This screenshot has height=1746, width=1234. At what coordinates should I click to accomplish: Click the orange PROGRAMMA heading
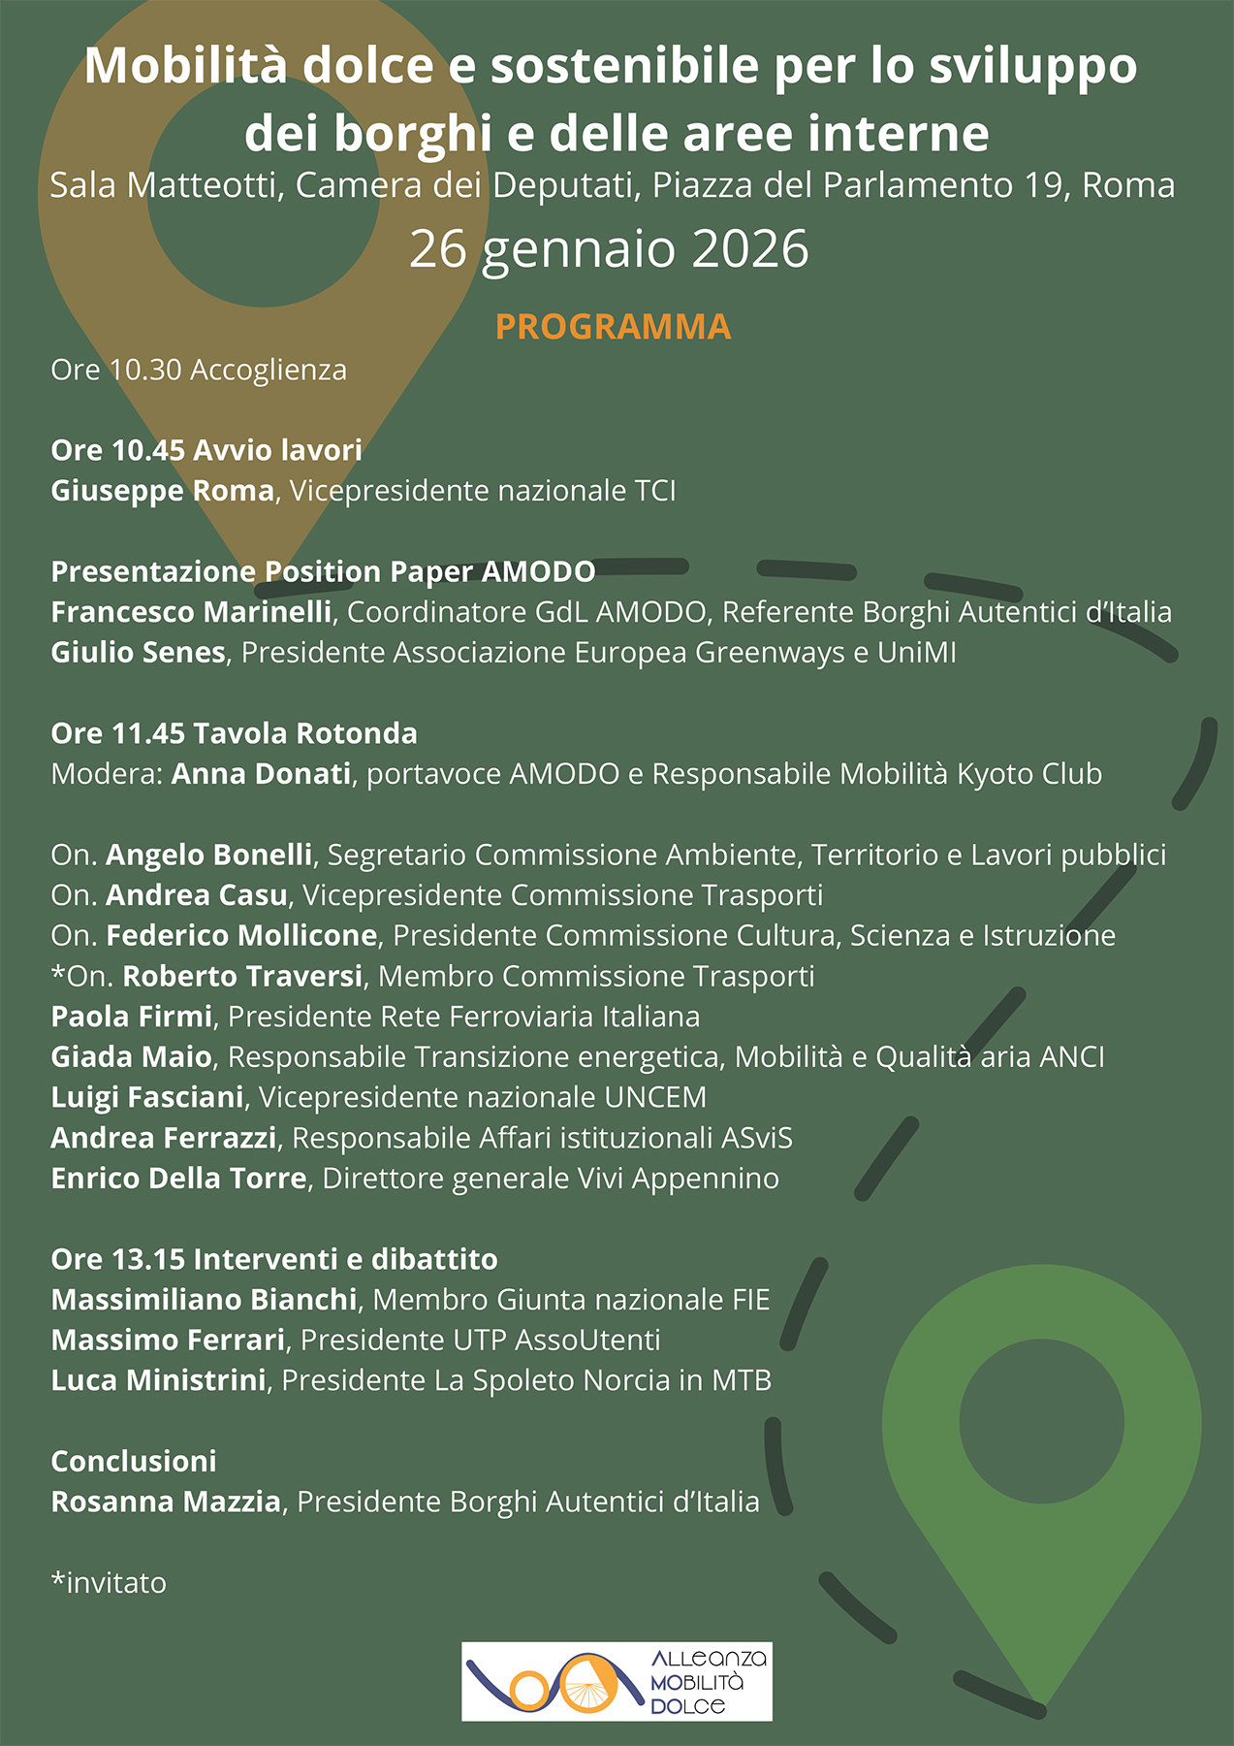tap(613, 327)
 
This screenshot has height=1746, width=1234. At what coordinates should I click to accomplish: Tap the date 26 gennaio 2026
tap(609, 249)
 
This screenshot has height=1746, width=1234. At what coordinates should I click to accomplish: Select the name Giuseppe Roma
tap(162, 491)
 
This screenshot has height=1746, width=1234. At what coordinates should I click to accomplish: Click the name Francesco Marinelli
tap(191, 612)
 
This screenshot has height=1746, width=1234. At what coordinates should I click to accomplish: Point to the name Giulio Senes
tap(138, 653)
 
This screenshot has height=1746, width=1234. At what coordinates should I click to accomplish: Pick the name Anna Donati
tap(261, 774)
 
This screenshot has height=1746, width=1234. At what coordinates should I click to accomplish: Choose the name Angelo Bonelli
tap(208, 855)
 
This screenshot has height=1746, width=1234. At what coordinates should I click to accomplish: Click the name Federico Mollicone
tap(241, 935)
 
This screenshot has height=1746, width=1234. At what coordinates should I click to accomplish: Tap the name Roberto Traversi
tap(242, 976)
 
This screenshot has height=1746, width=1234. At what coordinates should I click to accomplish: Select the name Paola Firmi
tap(131, 1017)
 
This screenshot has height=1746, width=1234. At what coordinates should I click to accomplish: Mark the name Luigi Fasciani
tap(147, 1097)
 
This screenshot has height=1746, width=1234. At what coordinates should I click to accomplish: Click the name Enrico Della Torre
tap(178, 1179)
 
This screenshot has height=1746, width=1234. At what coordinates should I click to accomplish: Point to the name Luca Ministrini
tap(158, 1380)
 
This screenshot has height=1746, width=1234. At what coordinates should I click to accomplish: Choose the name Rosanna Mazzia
tap(166, 1502)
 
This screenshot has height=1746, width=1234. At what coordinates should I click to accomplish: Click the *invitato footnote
tap(109, 1583)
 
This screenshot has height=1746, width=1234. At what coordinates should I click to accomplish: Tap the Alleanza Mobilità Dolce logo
tap(617, 1681)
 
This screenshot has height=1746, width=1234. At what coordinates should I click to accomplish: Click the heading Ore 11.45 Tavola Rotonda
tap(234, 733)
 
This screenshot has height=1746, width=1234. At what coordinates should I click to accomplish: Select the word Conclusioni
tap(134, 1461)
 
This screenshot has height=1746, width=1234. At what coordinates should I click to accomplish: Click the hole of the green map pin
tap(1041, 1422)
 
